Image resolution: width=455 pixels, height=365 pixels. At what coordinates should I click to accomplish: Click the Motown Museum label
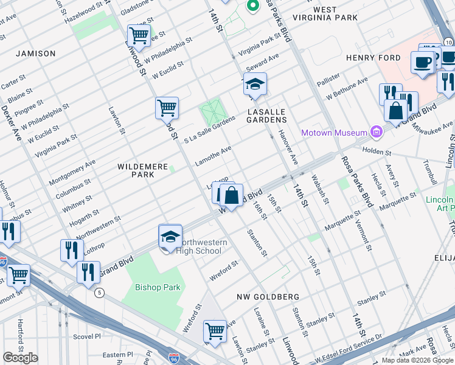tap(335, 133)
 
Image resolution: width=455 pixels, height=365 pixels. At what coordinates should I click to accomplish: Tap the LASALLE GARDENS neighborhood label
tap(266, 116)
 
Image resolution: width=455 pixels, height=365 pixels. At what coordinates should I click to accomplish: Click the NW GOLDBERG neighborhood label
tap(268, 296)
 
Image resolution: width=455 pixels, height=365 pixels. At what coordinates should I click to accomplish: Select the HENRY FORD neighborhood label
tap(373, 58)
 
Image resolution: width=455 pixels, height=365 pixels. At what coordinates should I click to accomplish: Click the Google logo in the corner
tap(21, 358)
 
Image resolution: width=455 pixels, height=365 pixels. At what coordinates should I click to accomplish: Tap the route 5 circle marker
tap(99, 293)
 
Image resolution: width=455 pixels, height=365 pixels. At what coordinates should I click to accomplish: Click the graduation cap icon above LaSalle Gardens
tap(256, 86)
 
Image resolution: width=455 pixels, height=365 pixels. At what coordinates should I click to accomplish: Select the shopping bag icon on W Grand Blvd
tap(231, 196)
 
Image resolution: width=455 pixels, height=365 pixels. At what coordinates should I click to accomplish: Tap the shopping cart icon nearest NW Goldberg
tap(215, 332)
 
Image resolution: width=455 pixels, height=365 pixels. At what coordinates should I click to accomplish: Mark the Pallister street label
tap(328, 78)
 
